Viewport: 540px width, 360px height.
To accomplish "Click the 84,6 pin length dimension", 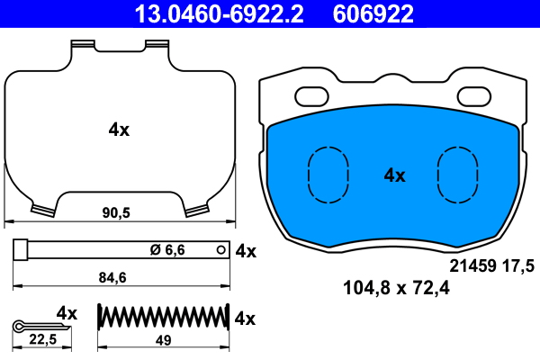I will coord(118,279).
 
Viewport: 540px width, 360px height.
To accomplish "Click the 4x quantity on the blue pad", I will coord(394,175).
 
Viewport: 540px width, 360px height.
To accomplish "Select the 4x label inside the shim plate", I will coord(119,130).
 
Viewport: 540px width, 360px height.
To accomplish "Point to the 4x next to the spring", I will coord(245,319).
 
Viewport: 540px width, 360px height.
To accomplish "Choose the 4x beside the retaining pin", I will coord(245,251).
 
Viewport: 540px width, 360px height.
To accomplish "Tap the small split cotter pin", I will coord(32,324).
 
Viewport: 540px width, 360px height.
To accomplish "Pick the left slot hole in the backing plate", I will coord(313,94).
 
